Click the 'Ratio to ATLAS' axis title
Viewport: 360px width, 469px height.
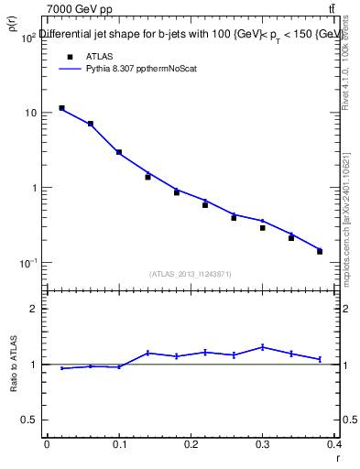[x=14, y=367]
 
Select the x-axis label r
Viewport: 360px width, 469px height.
[x=338, y=456]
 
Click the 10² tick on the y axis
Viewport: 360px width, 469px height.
[x=27, y=38]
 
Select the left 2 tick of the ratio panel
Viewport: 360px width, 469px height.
[x=30, y=309]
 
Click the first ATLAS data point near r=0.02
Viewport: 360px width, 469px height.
[x=61, y=108]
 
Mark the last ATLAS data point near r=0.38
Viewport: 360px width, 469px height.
[x=320, y=251]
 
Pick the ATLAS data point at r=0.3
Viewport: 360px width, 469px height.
[x=262, y=228]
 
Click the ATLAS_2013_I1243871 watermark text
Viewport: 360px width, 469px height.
[x=189, y=274]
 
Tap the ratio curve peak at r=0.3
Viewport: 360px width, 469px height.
[x=262, y=347]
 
